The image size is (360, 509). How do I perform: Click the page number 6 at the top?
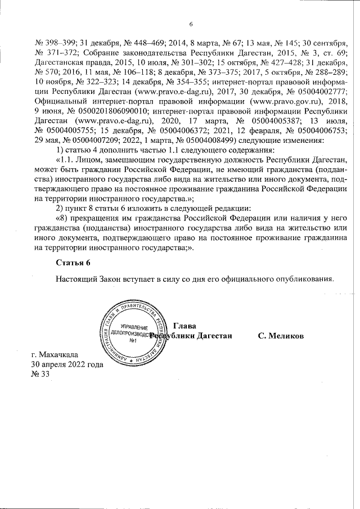[x=191, y=24]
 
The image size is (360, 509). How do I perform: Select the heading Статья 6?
[x=73, y=263]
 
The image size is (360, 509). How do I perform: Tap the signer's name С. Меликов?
[x=281, y=336]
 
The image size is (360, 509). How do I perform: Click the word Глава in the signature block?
[x=185, y=326]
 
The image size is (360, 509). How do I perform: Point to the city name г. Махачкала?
[x=55, y=354]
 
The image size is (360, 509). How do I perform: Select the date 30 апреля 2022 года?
[x=67, y=364]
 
